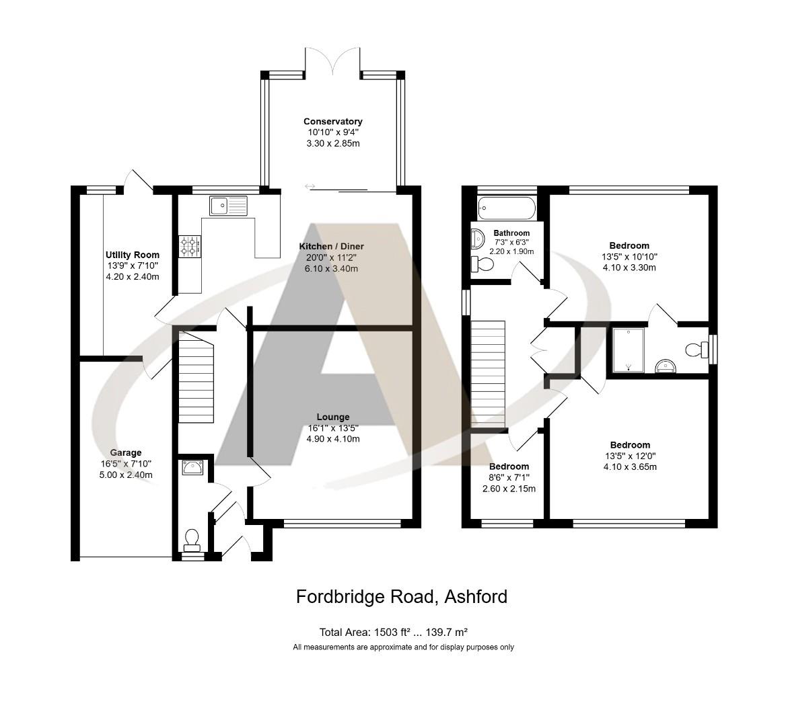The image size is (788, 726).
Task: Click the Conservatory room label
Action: coord(332,122)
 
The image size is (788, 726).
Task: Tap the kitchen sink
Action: coord(228,205)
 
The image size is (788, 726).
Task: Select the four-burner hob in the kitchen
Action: coord(189,245)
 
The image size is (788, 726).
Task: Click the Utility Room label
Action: coord(133,255)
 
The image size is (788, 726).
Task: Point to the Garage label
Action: coord(126,452)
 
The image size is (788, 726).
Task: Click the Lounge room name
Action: coord(332,417)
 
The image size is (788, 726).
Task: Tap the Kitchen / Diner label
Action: coord(332,247)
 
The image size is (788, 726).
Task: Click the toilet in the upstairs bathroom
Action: coord(482,264)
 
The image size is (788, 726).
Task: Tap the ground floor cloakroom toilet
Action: coord(192,538)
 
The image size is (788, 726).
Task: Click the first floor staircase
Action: coord(488,373)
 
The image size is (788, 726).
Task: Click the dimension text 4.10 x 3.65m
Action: coord(630,467)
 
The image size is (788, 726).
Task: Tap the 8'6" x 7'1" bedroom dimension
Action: coord(509,478)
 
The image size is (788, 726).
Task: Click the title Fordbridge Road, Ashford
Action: coord(402,596)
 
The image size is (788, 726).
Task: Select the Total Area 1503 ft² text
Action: coord(393,632)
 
